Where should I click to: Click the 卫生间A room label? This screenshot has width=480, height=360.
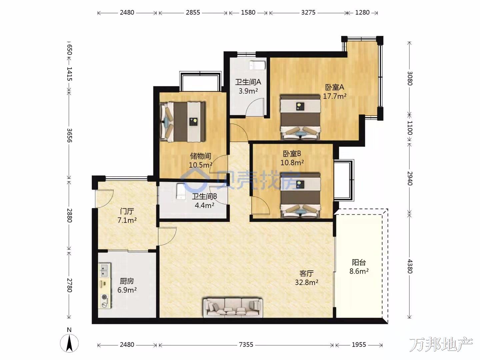[x=248, y=82]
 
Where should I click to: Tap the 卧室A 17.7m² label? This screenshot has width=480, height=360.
[x=335, y=92]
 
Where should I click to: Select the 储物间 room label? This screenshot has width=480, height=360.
[x=200, y=156]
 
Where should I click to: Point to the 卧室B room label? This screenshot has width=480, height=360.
[x=292, y=154]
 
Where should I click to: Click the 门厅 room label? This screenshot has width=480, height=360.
[x=127, y=211]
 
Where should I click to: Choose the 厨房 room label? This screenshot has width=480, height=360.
[x=127, y=281]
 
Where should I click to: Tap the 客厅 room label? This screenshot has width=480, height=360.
[x=306, y=273]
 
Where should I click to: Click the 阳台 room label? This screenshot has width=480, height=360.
[x=359, y=262]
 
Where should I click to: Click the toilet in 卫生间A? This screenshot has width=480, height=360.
[x=257, y=65]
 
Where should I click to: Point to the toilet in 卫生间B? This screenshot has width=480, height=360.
[x=180, y=191]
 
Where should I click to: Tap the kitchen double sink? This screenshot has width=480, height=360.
[x=104, y=270]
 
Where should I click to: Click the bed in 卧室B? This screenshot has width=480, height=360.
[x=301, y=195]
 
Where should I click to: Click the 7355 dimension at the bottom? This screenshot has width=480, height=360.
[x=246, y=345]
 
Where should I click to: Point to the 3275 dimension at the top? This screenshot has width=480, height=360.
[x=308, y=12]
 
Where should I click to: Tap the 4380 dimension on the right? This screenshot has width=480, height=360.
[x=410, y=266]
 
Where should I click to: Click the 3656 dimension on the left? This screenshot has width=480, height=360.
[x=69, y=135]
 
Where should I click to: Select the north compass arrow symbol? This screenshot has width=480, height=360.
[x=69, y=343]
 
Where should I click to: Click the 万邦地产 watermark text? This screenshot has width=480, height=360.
[x=441, y=345]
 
